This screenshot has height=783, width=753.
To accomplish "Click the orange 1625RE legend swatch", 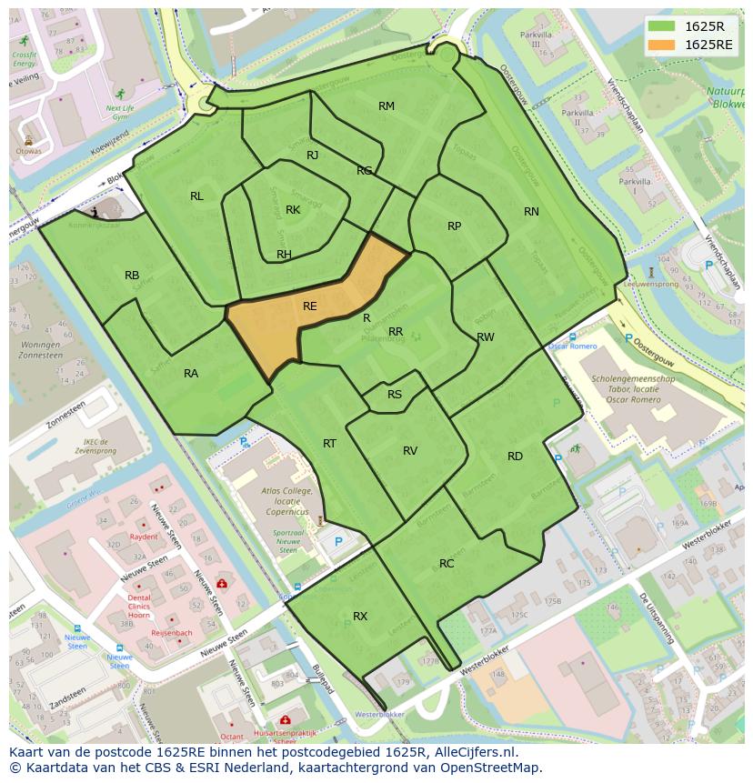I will (x=663, y=45).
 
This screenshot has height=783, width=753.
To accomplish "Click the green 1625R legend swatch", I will (x=663, y=26).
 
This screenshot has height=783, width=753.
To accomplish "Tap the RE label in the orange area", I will (x=309, y=306).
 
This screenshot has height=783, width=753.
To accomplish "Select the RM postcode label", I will (x=387, y=106).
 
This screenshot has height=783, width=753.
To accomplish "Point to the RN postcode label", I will (x=531, y=212).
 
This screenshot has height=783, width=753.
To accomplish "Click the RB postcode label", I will (x=132, y=276).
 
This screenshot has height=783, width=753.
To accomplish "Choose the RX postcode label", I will (x=360, y=617).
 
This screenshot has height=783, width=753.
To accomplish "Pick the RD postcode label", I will (x=515, y=457).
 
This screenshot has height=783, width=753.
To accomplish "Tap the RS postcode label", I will (x=395, y=395).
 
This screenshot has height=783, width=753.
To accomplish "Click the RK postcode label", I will (x=293, y=210).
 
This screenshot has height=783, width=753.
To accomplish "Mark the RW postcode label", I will (x=486, y=337).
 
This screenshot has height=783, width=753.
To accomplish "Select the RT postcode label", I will (x=329, y=444).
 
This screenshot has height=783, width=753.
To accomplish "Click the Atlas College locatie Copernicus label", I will (x=286, y=500).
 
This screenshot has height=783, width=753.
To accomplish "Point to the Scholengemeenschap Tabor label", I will (x=632, y=387).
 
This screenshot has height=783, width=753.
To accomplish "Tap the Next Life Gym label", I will (x=120, y=112).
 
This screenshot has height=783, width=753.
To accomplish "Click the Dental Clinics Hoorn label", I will (x=139, y=606).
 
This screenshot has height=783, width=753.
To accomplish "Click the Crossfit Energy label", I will (x=25, y=59).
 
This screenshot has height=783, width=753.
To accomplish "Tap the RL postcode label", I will (x=196, y=196).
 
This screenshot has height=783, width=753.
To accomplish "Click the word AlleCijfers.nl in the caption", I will (x=472, y=752).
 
